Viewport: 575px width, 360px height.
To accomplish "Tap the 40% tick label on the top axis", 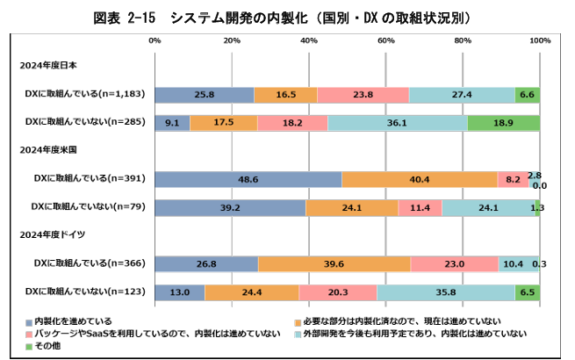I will point(309,40).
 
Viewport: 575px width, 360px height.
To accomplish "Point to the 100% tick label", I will point(539,40).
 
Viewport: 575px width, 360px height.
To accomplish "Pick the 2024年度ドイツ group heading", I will point(57,234).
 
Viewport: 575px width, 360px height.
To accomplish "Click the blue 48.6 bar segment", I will point(248,179).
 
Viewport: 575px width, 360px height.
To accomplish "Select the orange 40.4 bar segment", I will point(420,179).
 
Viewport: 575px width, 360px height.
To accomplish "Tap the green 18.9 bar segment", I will point(503,123).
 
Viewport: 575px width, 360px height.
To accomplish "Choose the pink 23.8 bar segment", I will point(363,94).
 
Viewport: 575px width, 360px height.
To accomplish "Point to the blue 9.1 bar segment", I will point(172,123).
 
